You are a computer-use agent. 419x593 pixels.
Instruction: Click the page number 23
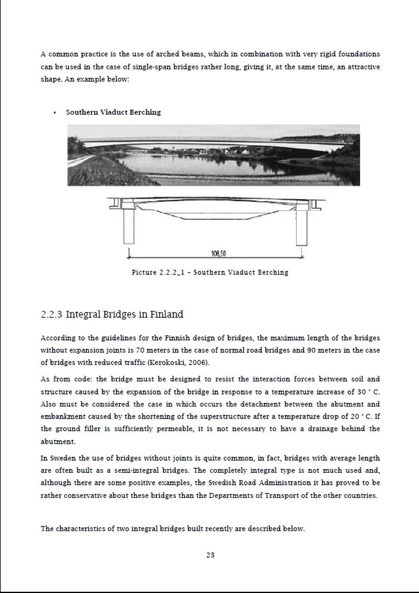(x=210, y=555)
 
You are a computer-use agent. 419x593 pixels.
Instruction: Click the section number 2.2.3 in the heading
(x=51, y=314)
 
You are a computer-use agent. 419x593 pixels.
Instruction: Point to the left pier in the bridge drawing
(x=128, y=226)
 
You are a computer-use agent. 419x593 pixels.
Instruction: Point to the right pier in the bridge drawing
(x=300, y=226)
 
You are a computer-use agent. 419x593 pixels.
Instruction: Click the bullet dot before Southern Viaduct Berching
(x=54, y=112)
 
